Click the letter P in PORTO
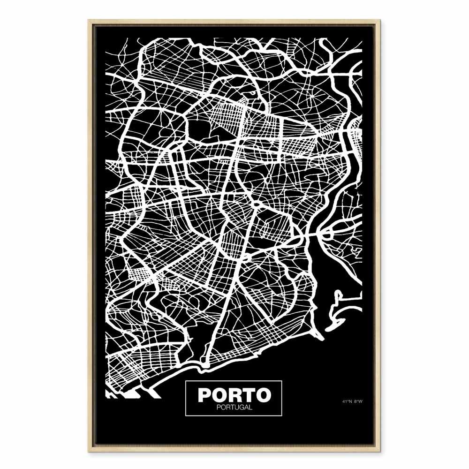click(x=204, y=395)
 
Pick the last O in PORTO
click(x=263, y=395)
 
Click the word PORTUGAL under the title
click(x=234, y=407)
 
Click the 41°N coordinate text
click(x=347, y=401)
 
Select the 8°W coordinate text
click(x=358, y=401)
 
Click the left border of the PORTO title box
click(x=186, y=398)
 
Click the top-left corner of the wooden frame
click(x=89, y=20)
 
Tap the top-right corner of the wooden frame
click(x=380, y=20)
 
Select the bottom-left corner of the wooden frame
click(x=89, y=451)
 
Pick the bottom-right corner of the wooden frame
click(x=380, y=451)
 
